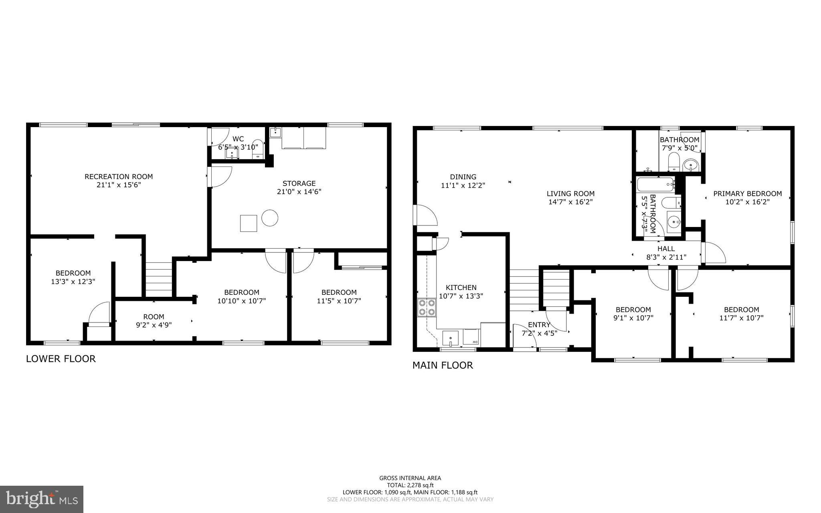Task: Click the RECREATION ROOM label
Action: click(119, 176)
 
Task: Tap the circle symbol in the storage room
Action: click(270, 218)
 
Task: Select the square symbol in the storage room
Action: click(249, 223)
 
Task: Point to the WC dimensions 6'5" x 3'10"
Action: click(238, 147)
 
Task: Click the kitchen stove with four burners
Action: click(427, 307)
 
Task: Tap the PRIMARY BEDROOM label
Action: click(747, 194)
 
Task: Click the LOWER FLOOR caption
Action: click(61, 359)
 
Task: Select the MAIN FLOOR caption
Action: click(443, 365)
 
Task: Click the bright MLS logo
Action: click(42, 499)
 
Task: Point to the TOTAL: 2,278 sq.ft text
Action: click(410, 485)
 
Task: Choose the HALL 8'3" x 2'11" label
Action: click(666, 253)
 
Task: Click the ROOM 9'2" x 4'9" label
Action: click(154, 320)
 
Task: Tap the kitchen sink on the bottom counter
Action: click(451, 337)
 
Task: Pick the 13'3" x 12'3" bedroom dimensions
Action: click(73, 282)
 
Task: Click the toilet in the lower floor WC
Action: click(258, 148)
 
